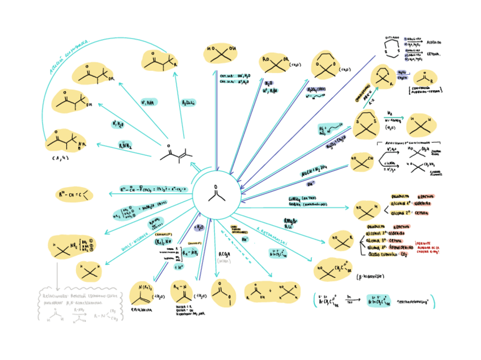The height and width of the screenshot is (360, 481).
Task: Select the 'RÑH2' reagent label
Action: [x=125, y=145]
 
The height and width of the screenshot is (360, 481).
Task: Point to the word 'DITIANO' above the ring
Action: [x=392, y=37]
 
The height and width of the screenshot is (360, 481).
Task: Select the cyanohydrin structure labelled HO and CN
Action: [x=361, y=162]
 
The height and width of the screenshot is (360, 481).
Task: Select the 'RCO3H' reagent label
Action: [x=224, y=253]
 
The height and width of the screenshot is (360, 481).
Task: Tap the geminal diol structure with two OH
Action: [x=220, y=53]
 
